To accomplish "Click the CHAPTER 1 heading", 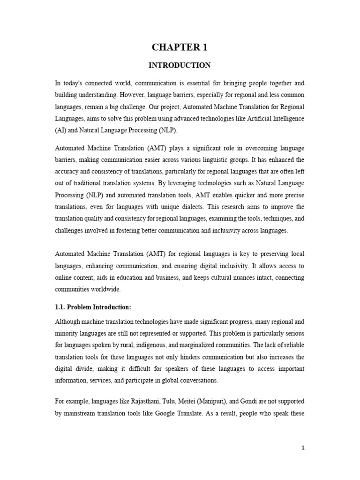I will click(x=180, y=47).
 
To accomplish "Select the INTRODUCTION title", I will click(x=180, y=66).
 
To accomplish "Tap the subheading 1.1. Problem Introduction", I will click(x=93, y=307).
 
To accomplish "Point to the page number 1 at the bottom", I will click(x=303, y=448).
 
